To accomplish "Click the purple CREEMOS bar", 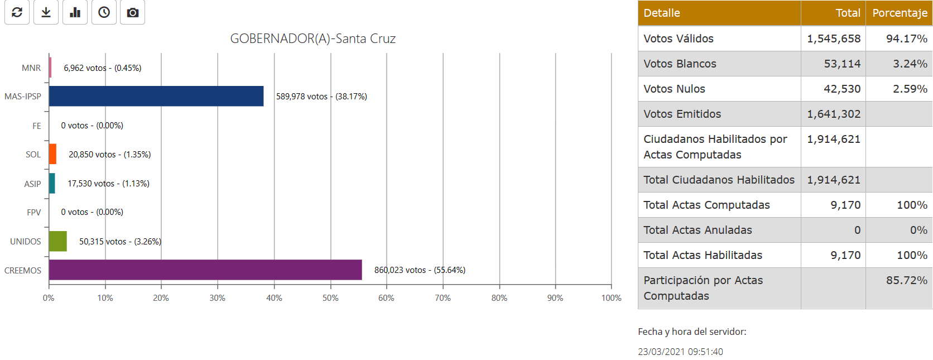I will click(x=205, y=270).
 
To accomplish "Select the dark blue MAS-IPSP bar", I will click(x=156, y=96).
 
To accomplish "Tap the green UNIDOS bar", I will click(x=58, y=241).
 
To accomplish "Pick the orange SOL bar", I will click(x=52, y=154).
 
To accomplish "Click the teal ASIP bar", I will click(x=52, y=183).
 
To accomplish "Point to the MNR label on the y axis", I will click(x=31, y=68).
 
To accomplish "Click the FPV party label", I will click(x=33, y=213).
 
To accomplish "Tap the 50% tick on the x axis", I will click(x=330, y=298).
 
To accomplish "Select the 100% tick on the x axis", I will click(x=611, y=298).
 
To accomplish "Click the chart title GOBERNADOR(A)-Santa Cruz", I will click(x=312, y=39).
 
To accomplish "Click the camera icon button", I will click(x=132, y=12).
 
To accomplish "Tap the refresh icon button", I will click(x=17, y=12).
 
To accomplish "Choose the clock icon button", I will click(x=104, y=12).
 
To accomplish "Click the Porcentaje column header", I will click(x=899, y=13).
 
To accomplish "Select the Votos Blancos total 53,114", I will click(x=842, y=64).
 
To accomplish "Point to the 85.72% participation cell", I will click(x=906, y=280).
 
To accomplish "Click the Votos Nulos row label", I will click(x=674, y=89).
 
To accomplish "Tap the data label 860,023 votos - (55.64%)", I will click(x=420, y=270).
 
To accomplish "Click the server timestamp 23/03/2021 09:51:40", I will click(x=680, y=352).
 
